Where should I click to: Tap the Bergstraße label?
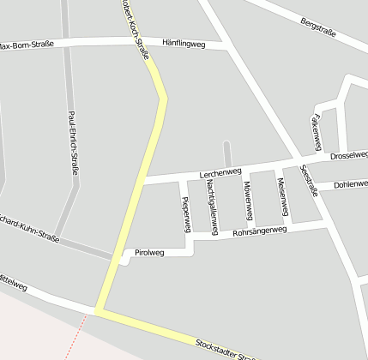[x=318, y=27]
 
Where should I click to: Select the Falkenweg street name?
[x=317, y=129]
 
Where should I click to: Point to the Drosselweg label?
[x=348, y=156]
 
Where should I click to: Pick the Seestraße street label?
[x=309, y=181]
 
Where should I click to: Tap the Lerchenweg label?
[x=220, y=173]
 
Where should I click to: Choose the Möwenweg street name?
[x=247, y=198]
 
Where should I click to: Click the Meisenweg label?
[x=281, y=196]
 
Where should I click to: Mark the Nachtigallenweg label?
[x=211, y=208]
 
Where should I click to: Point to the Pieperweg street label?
[x=185, y=213]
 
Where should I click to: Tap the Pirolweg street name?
[x=149, y=253]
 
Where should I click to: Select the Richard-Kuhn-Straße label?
[x=30, y=225]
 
